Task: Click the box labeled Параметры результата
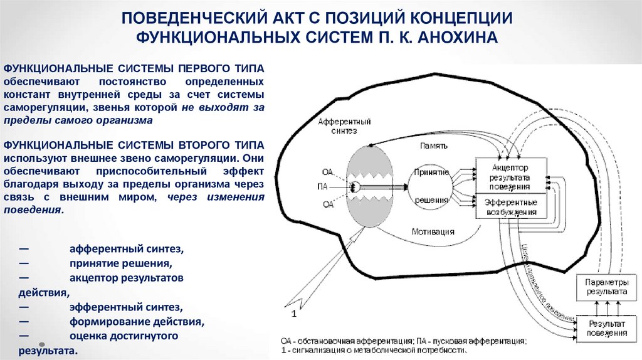coord(606,287)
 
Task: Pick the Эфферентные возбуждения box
coord(510,207)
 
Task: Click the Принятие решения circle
coord(431,186)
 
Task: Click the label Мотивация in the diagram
coord(433,231)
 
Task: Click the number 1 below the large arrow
coord(292,312)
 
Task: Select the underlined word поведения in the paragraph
coord(32,211)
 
